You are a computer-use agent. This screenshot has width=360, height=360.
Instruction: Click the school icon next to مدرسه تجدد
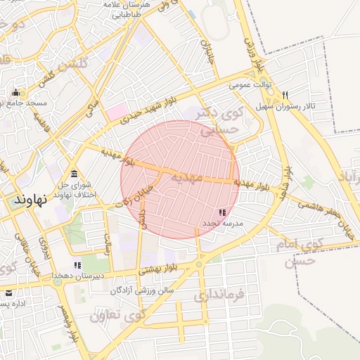[x=222, y=212]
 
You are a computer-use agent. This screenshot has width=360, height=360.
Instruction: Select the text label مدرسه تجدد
[x=222, y=223]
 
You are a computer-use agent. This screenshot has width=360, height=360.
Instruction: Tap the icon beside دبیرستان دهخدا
[x=77, y=265]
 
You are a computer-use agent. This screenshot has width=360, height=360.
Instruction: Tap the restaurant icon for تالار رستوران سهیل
[x=285, y=95]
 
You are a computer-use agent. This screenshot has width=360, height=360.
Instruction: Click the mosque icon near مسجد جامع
[x=15, y=92]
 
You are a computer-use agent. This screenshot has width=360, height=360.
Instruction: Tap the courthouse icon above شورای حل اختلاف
[x=74, y=174]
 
